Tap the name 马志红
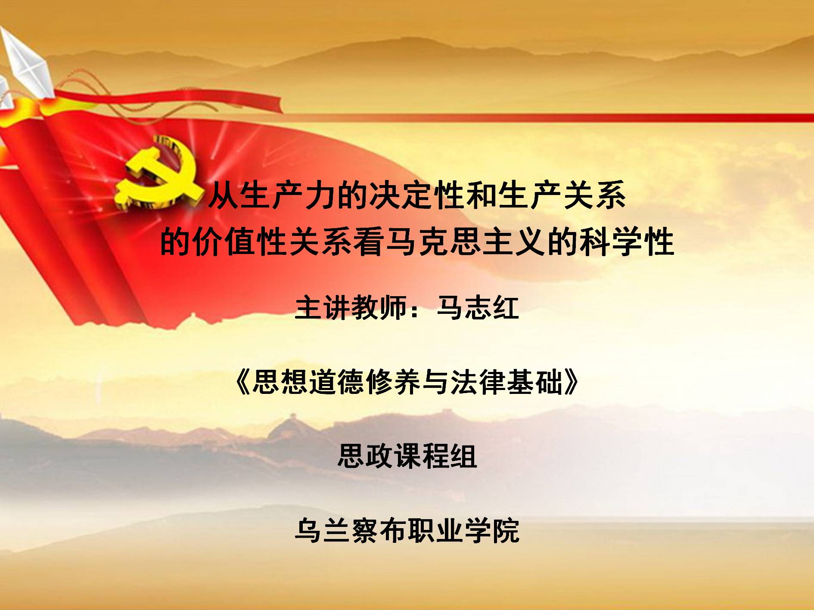(x=478, y=308)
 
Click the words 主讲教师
(x=351, y=308)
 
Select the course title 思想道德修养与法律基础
(x=407, y=382)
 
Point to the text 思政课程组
(x=407, y=456)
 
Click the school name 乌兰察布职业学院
(x=407, y=530)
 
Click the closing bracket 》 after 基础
(x=571, y=382)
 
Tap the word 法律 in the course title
(x=478, y=382)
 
